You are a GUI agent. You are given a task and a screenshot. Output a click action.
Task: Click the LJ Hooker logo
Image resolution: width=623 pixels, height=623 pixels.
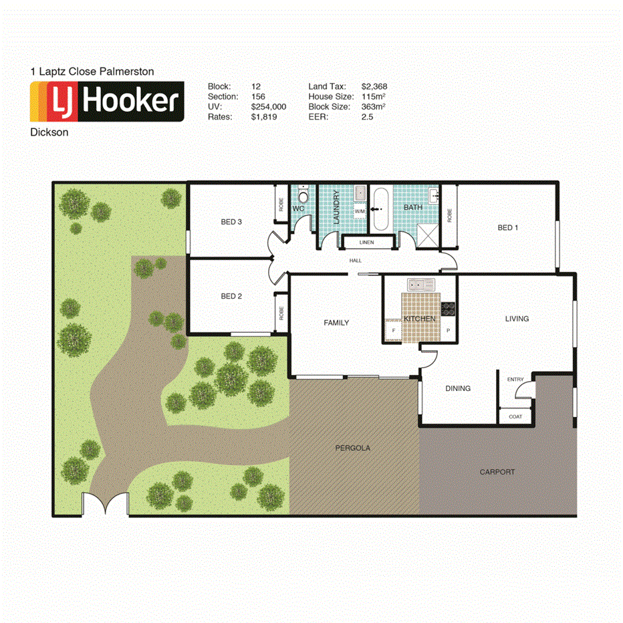[107, 102]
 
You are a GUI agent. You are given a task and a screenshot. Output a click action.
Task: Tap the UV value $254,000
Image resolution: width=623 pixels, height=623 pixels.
[268, 106]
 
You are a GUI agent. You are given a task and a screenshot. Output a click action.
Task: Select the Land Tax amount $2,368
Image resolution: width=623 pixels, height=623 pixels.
[374, 86]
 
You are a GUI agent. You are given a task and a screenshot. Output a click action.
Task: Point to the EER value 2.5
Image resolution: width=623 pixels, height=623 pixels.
[367, 116]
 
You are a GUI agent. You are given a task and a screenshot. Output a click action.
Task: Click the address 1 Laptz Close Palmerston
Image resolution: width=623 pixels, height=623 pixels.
[92, 70]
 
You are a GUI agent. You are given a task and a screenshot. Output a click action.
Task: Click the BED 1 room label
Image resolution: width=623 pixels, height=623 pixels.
[508, 228]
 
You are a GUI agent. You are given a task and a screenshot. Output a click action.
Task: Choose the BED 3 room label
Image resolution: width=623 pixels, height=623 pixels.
[231, 222]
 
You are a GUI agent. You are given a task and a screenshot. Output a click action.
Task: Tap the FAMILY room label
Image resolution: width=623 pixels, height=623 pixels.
[336, 323]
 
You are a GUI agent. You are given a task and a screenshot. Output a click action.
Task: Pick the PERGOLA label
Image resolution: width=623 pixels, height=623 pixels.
[352, 448]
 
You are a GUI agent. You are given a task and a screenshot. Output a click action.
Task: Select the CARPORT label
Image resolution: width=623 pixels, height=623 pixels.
[497, 472]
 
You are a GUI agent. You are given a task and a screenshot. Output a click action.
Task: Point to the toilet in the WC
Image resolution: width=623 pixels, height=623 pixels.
[303, 197]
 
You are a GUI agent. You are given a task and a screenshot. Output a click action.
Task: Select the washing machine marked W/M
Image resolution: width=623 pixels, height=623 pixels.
[360, 211]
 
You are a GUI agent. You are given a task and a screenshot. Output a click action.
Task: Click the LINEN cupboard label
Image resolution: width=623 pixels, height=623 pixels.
[366, 242]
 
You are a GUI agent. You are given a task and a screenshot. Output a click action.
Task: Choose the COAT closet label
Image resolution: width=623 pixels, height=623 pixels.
[515, 416]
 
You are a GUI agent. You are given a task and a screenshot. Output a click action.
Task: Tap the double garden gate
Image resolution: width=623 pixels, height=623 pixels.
[105, 505]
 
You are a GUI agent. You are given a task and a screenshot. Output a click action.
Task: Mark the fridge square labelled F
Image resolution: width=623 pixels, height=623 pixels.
[394, 330]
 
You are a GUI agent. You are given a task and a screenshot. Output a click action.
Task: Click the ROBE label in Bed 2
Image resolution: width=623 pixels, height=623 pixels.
[281, 314]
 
